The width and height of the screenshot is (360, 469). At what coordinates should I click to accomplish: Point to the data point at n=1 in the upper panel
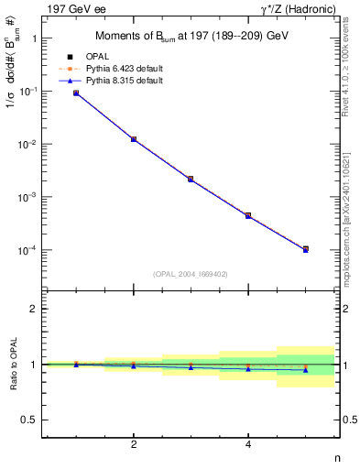point(76,93)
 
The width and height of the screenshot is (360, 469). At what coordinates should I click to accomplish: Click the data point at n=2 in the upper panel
point(134,139)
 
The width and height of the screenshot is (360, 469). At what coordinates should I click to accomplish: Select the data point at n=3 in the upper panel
point(191,179)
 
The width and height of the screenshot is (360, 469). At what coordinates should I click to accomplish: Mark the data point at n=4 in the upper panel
point(248,215)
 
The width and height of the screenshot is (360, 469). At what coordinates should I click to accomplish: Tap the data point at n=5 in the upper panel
point(305,249)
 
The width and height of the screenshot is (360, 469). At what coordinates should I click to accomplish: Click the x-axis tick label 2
point(134,445)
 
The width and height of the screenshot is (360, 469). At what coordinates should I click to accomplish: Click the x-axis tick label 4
point(248,445)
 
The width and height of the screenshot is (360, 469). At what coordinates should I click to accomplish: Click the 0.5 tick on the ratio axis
point(30,420)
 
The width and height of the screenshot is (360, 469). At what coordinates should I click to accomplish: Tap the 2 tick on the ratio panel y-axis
point(34,309)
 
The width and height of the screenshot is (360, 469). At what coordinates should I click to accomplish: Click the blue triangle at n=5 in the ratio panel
point(305,370)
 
